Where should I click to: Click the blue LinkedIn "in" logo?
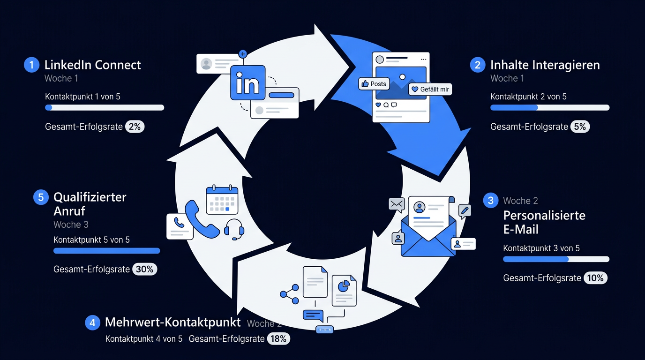click(247, 82)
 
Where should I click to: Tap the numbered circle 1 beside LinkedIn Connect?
click(31, 65)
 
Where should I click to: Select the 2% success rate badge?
click(135, 127)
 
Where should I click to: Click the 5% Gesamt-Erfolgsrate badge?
click(580, 127)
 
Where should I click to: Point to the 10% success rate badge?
click(595, 278)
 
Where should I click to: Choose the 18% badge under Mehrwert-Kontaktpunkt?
click(278, 339)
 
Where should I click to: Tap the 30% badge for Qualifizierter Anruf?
click(144, 269)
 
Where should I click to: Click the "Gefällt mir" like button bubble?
click(430, 89)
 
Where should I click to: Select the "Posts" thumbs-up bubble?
click(374, 84)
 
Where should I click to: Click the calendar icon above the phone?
click(222, 200)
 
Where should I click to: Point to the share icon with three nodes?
click(289, 294)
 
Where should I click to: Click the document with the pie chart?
click(344, 290)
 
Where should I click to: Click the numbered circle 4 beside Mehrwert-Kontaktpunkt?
click(92, 322)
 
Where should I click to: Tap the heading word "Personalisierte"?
click(544, 216)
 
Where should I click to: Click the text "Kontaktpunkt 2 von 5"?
click(528, 97)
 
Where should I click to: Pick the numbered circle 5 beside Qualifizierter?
click(41, 197)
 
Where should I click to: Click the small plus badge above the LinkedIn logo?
click(243, 54)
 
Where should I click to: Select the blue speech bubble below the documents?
click(313, 315)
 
